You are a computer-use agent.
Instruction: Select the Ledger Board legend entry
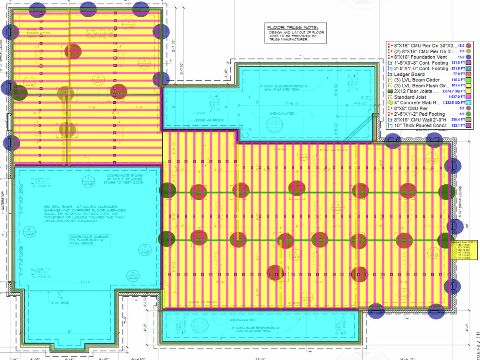408,74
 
